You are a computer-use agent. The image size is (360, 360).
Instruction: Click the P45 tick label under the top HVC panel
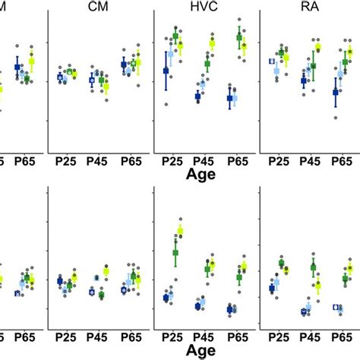click(202, 162)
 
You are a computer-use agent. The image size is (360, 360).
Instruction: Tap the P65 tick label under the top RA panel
click(342, 162)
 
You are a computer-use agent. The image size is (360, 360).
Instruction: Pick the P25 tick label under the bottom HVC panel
click(171, 335)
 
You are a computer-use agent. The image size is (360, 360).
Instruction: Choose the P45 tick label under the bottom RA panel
click(310, 335)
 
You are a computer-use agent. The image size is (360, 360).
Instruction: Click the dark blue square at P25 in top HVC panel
click(166, 71)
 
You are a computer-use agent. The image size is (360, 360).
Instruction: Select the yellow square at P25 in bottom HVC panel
click(181, 230)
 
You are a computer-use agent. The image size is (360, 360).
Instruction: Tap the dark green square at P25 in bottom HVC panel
click(175, 252)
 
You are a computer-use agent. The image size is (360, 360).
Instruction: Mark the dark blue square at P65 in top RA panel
click(335, 92)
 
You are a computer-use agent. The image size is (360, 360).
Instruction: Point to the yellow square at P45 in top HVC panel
click(212, 43)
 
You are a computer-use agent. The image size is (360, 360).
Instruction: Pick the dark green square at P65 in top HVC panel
click(239, 37)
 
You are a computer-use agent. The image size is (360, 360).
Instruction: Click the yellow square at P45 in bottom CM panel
click(106, 271)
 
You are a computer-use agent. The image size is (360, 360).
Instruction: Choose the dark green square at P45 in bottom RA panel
click(313, 267)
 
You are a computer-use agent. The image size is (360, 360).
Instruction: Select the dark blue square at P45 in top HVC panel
click(197, 96)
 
